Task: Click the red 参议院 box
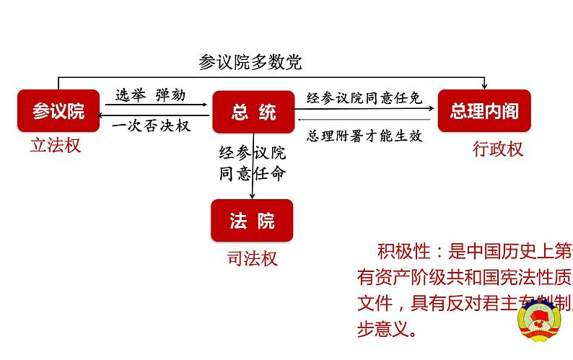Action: (x=59, y=111)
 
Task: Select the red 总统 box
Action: (x=253, y=111)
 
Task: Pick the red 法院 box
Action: (x=252, y=221)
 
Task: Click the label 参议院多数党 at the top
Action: (x=250, y=62)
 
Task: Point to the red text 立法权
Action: (x=56, y=146)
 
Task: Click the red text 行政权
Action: (x=497, y=149)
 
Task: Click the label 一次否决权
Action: (x=151, y=126)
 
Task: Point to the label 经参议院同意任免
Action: (x=364, y=97)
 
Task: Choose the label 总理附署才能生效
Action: (x=364, y=135)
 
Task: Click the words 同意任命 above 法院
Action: (x=253, y=173)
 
